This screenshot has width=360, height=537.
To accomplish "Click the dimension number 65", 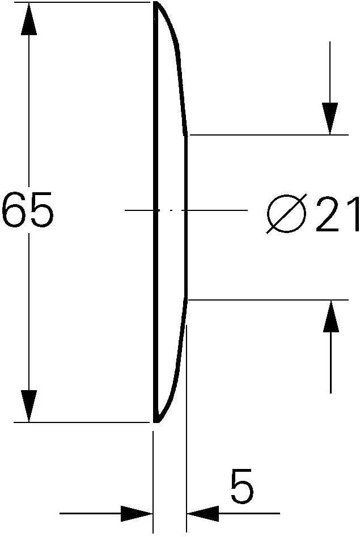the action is point(28,210).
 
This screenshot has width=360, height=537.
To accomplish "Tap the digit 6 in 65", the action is point(14,210).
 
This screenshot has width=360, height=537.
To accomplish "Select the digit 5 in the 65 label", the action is point(42,210).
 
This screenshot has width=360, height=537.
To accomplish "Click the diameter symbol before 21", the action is point(286,214).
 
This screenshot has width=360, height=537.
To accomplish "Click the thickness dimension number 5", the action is point(242,486).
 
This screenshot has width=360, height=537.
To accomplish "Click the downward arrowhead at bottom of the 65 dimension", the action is point(29,406).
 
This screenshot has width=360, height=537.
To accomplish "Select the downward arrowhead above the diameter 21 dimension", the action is point(330,119).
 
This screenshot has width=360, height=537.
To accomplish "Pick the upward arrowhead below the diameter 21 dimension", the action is point(331,316).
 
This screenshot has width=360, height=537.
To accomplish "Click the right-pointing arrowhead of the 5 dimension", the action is point(136,513).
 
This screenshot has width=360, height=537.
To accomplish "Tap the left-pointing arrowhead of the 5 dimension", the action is point(203,513).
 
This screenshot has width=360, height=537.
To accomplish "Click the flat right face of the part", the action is point(186,217).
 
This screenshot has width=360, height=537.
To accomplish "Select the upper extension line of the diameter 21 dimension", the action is point(269,135).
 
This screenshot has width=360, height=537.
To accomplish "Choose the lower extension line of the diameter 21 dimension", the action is point(269,300).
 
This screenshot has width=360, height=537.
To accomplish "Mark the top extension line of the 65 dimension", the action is point(82,2).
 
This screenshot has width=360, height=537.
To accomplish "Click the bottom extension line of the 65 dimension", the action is point(82,422).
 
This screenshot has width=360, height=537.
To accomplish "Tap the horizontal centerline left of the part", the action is point(139,210).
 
